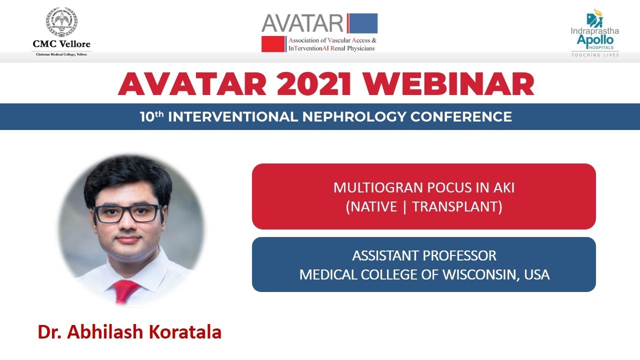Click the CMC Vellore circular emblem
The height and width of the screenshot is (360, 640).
click(61, 22)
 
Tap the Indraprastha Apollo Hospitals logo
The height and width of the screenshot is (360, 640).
click(595, 32)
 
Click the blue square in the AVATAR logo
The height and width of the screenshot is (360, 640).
click(362, 23)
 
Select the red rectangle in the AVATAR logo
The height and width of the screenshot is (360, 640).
click(273, 44)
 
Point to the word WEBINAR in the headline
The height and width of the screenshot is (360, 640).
click(448, 84)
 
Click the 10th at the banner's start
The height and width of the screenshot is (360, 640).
click(151, 116)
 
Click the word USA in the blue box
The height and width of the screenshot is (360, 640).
click(537, 274)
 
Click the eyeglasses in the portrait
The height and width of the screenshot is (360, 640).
click(127, 213)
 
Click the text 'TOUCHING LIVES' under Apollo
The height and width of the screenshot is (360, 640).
click(595, 54)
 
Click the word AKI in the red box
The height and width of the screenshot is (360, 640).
click(503, 188)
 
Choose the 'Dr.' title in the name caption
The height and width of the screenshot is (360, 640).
click(49, 332)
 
